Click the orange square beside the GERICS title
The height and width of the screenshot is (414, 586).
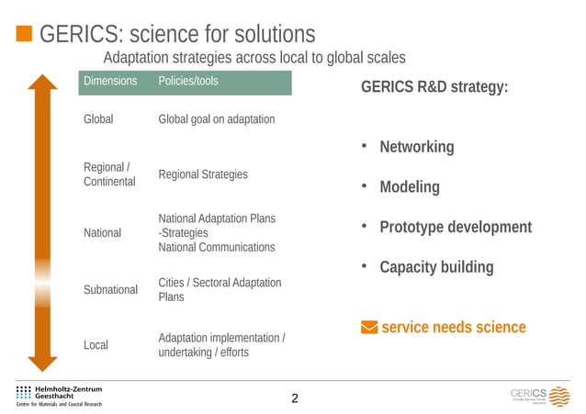pyautogui.click(x=24, y=35)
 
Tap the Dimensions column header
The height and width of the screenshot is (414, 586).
pyautogui.click(x=110, y=82)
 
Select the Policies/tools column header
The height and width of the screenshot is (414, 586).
pyautogui.click(x=188, y=82)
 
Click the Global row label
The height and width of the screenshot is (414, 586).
pyautogui.click(x=98, y=120)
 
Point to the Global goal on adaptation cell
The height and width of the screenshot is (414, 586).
pyautogui.click(x=217, y=120)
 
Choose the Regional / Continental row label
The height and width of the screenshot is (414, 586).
pyautogui.click(x=108, y=174)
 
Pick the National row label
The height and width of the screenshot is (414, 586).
pyautogui.click(x=102, y=233)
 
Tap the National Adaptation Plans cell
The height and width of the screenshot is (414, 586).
pyautogui.click(x=217, y=233)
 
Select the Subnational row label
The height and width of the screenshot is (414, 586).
pyautogui.click(x=110, y=290)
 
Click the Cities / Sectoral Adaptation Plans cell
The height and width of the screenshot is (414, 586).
pyautogui.click(x=220, y=290)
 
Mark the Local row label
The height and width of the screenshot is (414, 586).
pyautogui.click(x=96, y=346)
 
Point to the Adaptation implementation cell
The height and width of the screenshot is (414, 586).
pyautogui.click(x=221, y=346)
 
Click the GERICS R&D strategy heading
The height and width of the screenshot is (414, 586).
pyautogui.click(x=434, y=89)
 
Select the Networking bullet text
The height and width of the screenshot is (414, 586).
pyautogui.click(x=417, y=148)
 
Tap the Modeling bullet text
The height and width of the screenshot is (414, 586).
pyautogui.click(x=410, y=187)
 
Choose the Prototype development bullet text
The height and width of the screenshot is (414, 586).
pyautogui.click(x=456, y=228)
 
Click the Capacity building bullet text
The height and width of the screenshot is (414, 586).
pyautogui.click(x=436, y=268)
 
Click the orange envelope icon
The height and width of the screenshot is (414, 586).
pyautogui.click(x=368, y=328)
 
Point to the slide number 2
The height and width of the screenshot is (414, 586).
pyautogui.click(x=294, y=398)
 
